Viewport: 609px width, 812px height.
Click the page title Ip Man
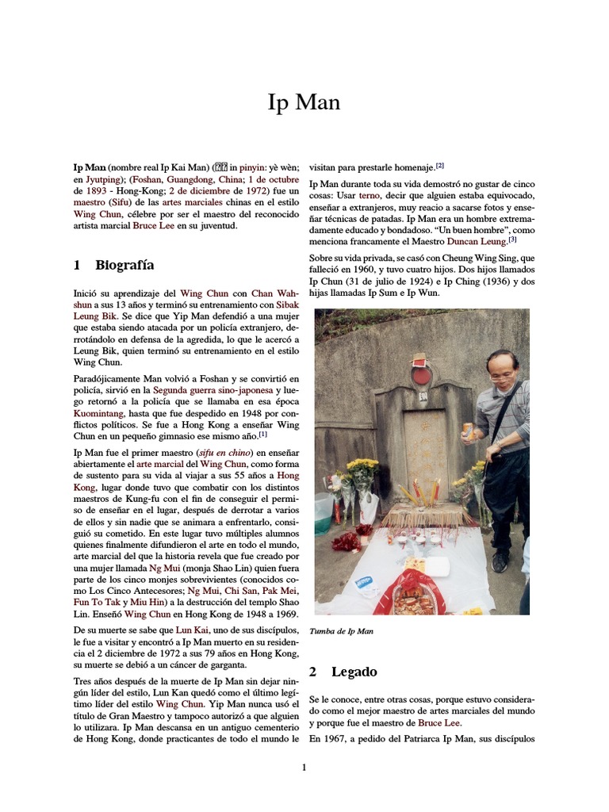pyautogui.click(x=304, y=103)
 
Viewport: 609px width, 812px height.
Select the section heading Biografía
pyautogui.click(x=124, y=265)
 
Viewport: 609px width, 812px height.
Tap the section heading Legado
pyautogui.click(x=354, y=672)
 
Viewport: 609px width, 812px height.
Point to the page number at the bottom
pyautogui.click(x=304, y=767)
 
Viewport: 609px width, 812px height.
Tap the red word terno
pyautogui.click(x=371, y=195)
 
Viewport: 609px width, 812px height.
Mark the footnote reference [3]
pyautogui.click(x=512, y=239)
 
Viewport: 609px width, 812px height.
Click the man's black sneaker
pyautogui.click(x=500, y=561)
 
